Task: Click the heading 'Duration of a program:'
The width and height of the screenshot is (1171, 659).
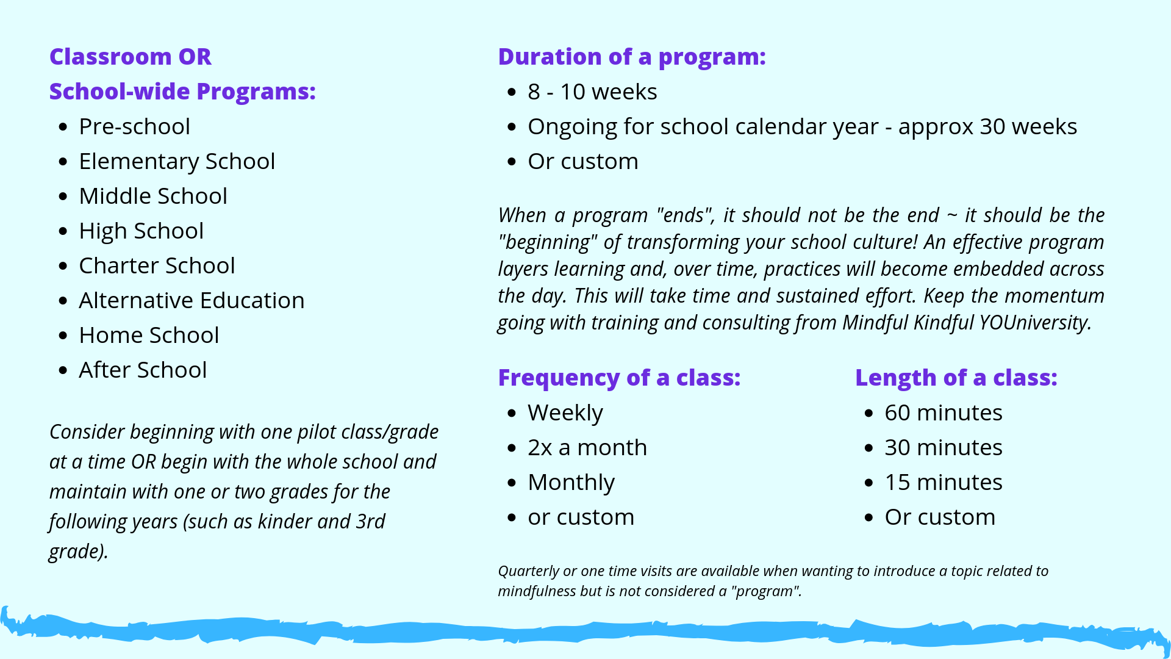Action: point(632,57)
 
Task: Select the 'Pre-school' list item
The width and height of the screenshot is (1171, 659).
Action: point(134,126)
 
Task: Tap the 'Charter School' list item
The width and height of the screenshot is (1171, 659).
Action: point(157,265)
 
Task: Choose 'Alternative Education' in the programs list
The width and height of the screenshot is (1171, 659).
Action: point(192,300)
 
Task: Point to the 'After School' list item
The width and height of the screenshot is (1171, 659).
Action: point(143,370)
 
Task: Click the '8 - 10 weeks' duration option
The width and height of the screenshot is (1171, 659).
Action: point(592,92)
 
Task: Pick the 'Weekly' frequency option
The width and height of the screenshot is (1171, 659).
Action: point(565,413)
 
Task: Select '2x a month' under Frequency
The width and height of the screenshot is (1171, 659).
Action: point(587,447)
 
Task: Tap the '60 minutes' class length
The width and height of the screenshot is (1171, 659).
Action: point(944,412)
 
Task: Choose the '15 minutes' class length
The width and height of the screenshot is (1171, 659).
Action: point(944,482)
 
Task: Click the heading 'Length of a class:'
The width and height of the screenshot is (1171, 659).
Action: point(956,378)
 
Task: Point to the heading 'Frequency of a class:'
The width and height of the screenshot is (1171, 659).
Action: point(619,378)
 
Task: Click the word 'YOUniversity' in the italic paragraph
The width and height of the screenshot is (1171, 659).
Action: point(1035,322)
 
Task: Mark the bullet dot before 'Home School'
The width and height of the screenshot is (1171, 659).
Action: point(63,336)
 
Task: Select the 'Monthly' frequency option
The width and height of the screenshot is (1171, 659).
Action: point(571,483)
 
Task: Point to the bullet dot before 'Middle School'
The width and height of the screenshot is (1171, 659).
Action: point(63,196)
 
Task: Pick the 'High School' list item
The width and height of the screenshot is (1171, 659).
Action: point(141,231)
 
